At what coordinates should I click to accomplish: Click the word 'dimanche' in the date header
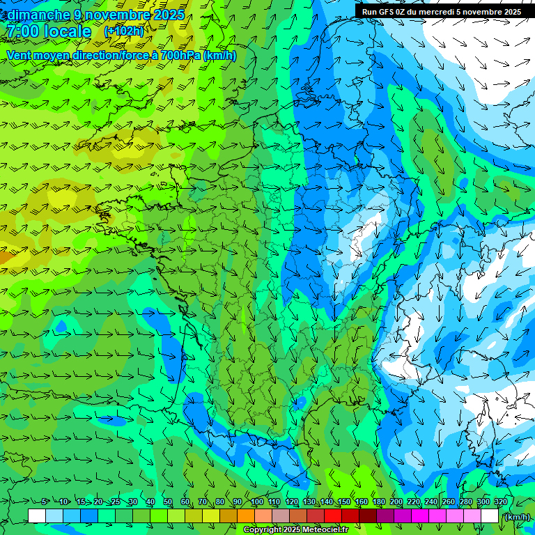coord(38,15)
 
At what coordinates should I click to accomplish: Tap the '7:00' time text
coord(22,31)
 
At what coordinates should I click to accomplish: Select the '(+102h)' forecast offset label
coord(124,31)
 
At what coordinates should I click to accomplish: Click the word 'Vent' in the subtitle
coord(19,56)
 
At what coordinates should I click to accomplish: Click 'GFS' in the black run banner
coord(389,11)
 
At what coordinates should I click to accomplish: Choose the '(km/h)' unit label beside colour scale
coord(517,516)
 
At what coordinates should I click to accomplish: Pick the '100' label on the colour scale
coord(256,502)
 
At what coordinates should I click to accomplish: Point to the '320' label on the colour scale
coord(500,502)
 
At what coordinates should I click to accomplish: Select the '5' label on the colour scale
coord(45,502)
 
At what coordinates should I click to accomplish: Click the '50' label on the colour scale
coord(167,502)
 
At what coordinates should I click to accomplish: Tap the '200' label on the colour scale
coord(396,502)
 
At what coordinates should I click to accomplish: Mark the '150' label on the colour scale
coord(344,502)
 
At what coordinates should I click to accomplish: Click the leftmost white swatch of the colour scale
coord(37,516)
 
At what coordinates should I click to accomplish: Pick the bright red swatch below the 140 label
coord(333,516)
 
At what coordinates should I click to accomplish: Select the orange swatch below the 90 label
coord(246,516)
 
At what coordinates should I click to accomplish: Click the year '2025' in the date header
coord(169,15)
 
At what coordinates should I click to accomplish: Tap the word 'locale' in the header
coord(68,31)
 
